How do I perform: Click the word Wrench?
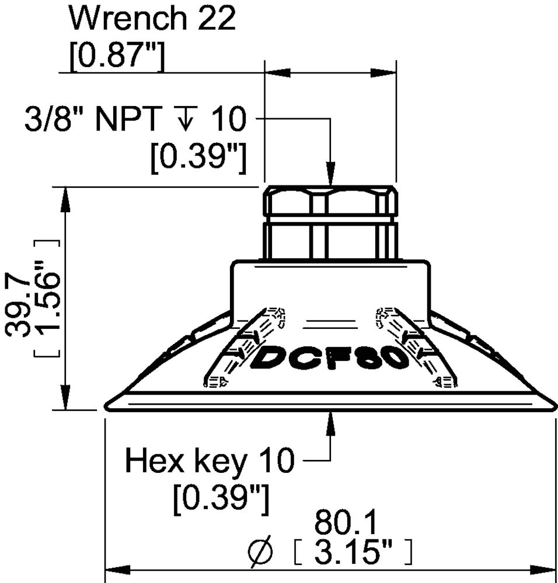(128, 18)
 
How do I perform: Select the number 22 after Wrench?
(217, 18)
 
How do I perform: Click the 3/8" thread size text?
(54, 118)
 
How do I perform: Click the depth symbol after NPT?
(186, 118)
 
